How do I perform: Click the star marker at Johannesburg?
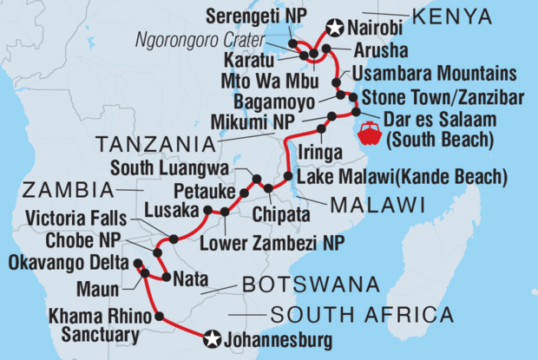(212, 337)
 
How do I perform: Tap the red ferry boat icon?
(370, 134)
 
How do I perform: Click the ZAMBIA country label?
(59, 188)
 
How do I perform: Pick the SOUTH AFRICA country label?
(362, 314)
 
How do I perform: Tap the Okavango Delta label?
(61, 260)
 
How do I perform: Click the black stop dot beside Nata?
(164, 278)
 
